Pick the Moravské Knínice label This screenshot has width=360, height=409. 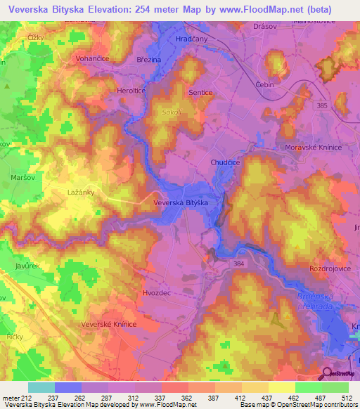pos(312,147)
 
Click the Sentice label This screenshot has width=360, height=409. pos(201,92)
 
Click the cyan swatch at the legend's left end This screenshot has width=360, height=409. pos(41,387)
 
